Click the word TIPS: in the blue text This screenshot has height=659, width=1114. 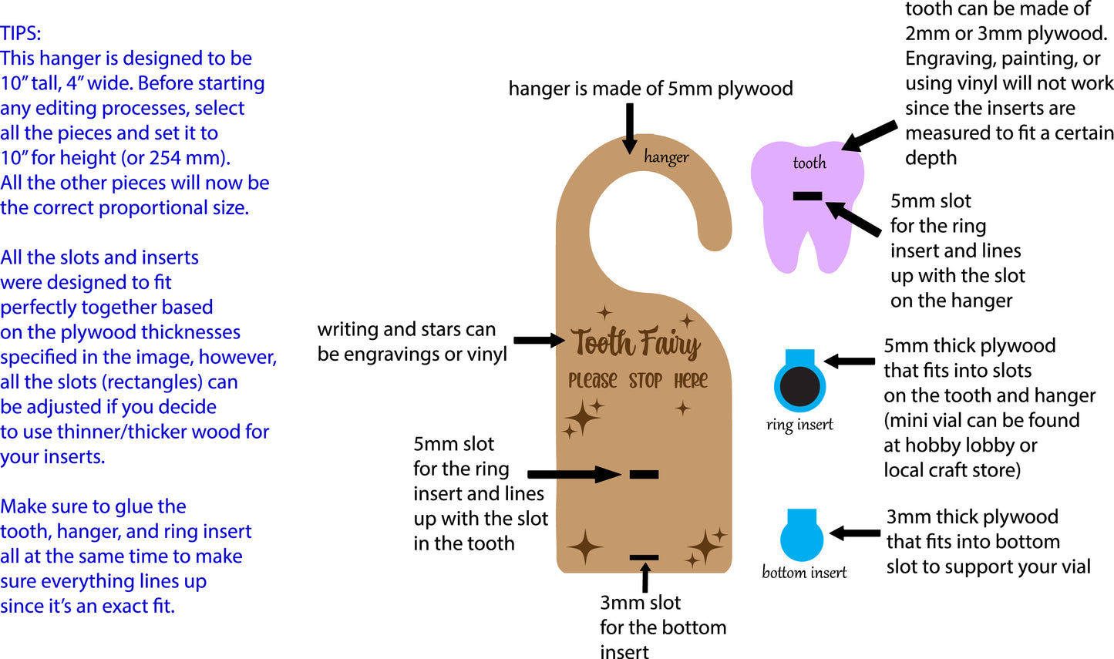coord(21,33)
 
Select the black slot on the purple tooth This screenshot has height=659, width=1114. coord(807,197)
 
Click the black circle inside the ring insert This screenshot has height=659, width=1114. coord(800,387)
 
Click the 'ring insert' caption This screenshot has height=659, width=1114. coord(799,425)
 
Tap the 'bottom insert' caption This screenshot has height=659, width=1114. coord(804,573)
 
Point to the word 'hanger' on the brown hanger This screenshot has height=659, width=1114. coord(666,157)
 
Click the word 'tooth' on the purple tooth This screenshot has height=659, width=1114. coord(809,163)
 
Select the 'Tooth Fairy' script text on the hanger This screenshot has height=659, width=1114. coord(635,343)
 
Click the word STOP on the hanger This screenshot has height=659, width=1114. coord(645,381)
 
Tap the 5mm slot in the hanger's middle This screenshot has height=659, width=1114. coord(644,474)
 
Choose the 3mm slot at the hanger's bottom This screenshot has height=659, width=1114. coord(644,557)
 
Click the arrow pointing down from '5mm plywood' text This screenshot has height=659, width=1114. coord(630,127)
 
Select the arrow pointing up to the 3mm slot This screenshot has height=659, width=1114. coord(645,578)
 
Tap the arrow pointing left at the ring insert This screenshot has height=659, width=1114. coord(849,361)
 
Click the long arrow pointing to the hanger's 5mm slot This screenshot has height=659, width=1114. coord(574,474)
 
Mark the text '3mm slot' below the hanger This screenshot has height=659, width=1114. coord(641,603)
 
